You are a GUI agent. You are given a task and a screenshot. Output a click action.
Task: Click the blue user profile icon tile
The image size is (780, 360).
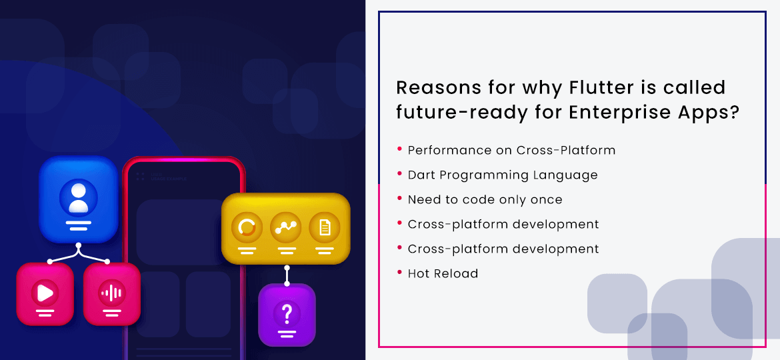(79, 199)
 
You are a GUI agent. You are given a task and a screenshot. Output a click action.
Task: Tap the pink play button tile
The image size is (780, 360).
(45, 293)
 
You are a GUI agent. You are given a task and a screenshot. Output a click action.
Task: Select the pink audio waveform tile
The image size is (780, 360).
(112, 293)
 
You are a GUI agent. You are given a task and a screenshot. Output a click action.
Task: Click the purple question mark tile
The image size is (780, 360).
(287, 314)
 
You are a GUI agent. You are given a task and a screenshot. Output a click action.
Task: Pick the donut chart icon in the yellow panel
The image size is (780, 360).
(247, 228)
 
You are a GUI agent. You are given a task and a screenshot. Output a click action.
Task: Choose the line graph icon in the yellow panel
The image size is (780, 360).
(286, 228)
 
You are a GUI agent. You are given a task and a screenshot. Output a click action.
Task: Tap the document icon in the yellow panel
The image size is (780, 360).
(325, 228)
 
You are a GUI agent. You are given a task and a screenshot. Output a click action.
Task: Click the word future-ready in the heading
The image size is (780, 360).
(453, 112)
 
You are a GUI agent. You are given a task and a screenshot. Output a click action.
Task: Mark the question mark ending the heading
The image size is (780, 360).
(734, 112)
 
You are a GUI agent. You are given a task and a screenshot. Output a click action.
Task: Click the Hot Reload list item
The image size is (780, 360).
(443, 273)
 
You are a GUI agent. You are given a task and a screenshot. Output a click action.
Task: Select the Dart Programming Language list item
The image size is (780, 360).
(503, 175)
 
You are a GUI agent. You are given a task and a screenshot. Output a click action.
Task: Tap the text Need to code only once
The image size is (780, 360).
(485, 200)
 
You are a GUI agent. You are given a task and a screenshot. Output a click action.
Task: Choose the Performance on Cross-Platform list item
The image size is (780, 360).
(511, 151)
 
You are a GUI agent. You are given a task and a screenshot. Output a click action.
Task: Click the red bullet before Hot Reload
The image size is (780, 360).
(399, 272)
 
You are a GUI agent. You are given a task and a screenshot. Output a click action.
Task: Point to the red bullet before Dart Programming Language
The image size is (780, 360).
(399, 174)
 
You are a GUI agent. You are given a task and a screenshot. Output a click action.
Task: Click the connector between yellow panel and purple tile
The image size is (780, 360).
(287, 274)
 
